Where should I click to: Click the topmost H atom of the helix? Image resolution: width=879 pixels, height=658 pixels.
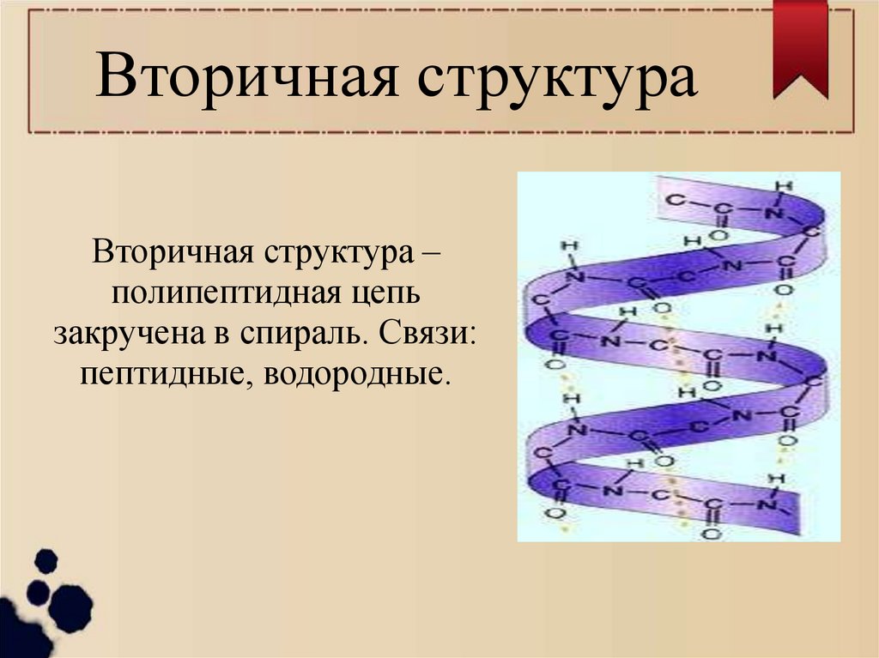(x=779, y=185)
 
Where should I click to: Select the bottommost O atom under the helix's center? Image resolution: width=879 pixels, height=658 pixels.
(x=710, y=534)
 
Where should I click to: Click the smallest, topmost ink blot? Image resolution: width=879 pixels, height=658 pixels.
(x=45, y=562)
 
